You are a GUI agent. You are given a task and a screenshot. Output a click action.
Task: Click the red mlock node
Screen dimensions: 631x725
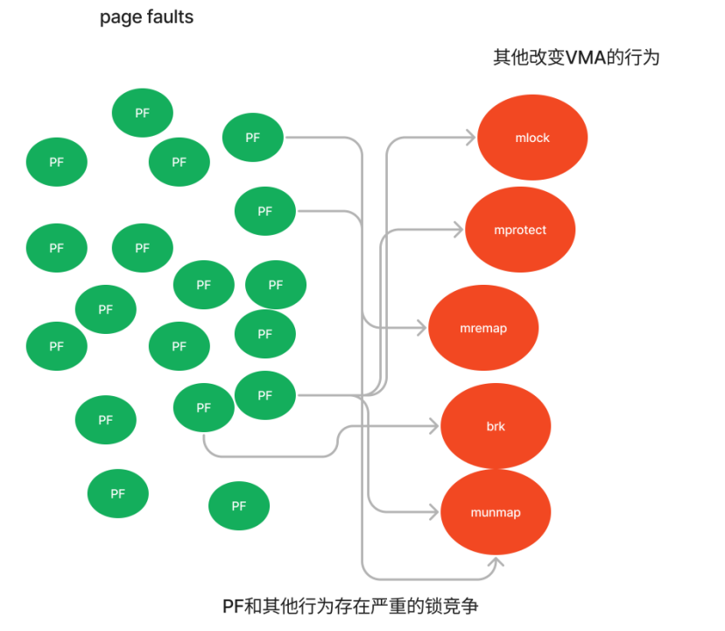click(x=532, y=138)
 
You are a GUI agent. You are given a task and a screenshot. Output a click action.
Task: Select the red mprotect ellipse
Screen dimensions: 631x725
click(x=519, y=230)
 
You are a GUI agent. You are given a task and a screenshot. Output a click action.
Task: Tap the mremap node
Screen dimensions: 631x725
click(x=483, y=328)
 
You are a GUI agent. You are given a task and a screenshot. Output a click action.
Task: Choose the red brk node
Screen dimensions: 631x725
click(x=496, y=427)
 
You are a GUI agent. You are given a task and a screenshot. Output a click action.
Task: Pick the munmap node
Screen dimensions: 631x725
click(x=496, y=512)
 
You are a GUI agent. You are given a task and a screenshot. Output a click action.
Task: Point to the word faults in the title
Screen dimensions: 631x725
click(x=170, y=17)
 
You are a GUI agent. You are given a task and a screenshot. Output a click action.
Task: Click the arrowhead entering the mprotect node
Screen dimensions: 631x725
click(x=459, y=230)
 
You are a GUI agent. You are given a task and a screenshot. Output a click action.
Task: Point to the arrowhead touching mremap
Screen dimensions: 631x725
click(x=422, y=328)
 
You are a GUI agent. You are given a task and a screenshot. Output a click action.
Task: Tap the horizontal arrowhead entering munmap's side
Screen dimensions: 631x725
click(x=434, y=512)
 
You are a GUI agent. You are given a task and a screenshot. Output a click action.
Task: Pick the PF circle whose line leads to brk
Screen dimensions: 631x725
click(x=204, y=408)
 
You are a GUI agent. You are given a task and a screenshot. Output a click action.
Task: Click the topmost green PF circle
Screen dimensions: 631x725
click(x=143, y=113)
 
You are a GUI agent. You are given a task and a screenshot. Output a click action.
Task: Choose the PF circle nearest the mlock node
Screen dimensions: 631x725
click(x=253, y=138)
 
